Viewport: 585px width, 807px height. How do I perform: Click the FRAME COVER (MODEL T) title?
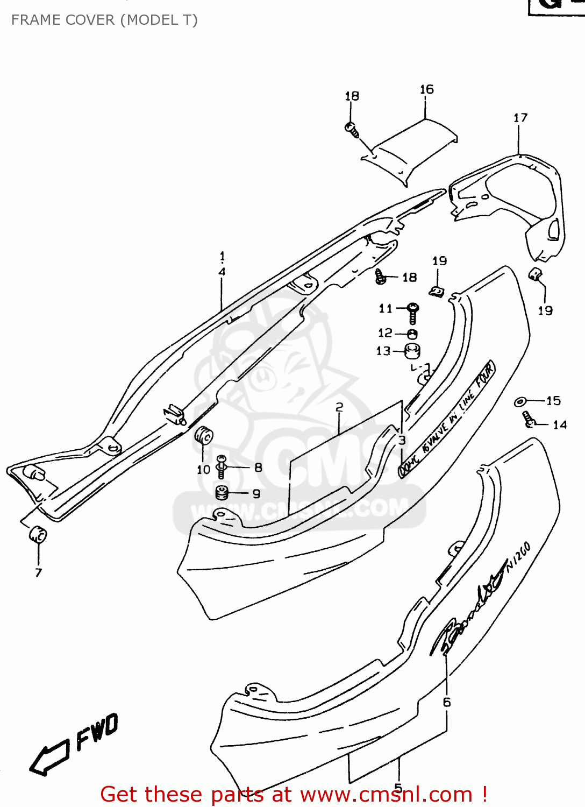pos(104,20)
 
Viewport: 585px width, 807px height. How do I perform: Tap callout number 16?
pos(426,89)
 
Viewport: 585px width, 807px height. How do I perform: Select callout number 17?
pos(520,118)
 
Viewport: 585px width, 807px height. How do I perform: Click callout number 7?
pos(38,573)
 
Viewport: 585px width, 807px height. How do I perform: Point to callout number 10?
pos(203,470)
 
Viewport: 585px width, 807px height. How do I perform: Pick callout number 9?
pos(256,494)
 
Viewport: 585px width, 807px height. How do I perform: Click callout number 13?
pos(383,351)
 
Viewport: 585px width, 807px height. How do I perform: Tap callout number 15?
pos(553,401)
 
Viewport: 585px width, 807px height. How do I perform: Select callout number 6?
pos(447,702)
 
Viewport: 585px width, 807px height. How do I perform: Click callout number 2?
pos(339,407)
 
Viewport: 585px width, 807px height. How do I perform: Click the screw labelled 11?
pos(413,312)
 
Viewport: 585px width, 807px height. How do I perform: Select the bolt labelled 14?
pos(527,419)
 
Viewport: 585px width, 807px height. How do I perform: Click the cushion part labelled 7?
pos(38,535)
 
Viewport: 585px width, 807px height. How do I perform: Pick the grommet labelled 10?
pos(204,436)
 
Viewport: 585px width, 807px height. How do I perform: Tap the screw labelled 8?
pos(221,466)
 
